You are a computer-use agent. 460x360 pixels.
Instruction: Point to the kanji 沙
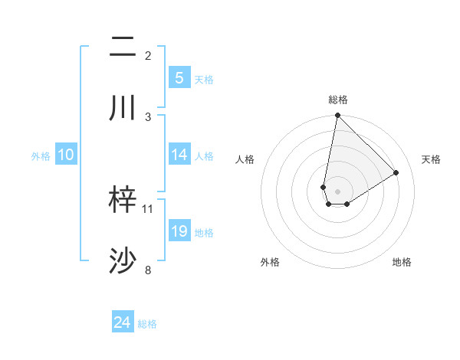123,261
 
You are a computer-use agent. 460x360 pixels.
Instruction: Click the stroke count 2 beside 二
148,56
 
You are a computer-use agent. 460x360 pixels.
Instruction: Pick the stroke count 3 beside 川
148,116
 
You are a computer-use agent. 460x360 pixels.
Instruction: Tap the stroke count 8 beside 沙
148,270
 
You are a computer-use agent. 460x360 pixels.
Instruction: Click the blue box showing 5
179,78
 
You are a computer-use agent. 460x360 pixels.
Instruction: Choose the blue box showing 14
179,155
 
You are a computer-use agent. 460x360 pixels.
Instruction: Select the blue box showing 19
179,231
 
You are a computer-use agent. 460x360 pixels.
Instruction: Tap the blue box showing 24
123,323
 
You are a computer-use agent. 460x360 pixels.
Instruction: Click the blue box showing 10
66,155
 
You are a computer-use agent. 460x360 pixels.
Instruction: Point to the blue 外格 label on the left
41,155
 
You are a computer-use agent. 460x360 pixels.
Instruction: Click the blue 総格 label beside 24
147,324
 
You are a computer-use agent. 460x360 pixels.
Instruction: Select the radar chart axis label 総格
338,100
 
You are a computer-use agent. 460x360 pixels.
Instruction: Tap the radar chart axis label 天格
432,159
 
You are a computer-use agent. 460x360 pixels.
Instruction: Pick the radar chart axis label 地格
402,262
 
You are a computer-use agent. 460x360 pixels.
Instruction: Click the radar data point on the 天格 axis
396,172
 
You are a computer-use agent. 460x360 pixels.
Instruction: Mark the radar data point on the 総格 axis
337,116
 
